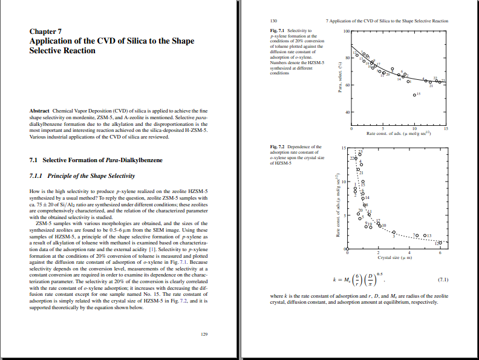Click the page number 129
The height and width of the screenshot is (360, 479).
[204, 334]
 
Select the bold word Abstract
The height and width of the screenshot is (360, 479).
[40, 111]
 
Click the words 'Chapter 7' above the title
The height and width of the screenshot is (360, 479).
[45, 31]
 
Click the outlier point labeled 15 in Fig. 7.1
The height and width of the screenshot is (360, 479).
[414, 95]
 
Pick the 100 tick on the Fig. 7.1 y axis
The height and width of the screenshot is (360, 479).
[346, 31]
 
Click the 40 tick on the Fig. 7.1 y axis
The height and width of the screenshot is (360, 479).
[347, 113]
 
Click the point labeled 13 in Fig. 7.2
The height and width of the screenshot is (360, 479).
[425, 235]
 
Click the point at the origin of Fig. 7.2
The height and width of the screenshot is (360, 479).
[347, 249]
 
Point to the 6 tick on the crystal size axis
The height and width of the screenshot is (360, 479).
[440, 254]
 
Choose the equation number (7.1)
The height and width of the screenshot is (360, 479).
[442, 280]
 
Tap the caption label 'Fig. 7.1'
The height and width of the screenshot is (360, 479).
[278, 30]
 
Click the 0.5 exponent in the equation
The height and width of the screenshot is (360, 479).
[379, 274]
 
